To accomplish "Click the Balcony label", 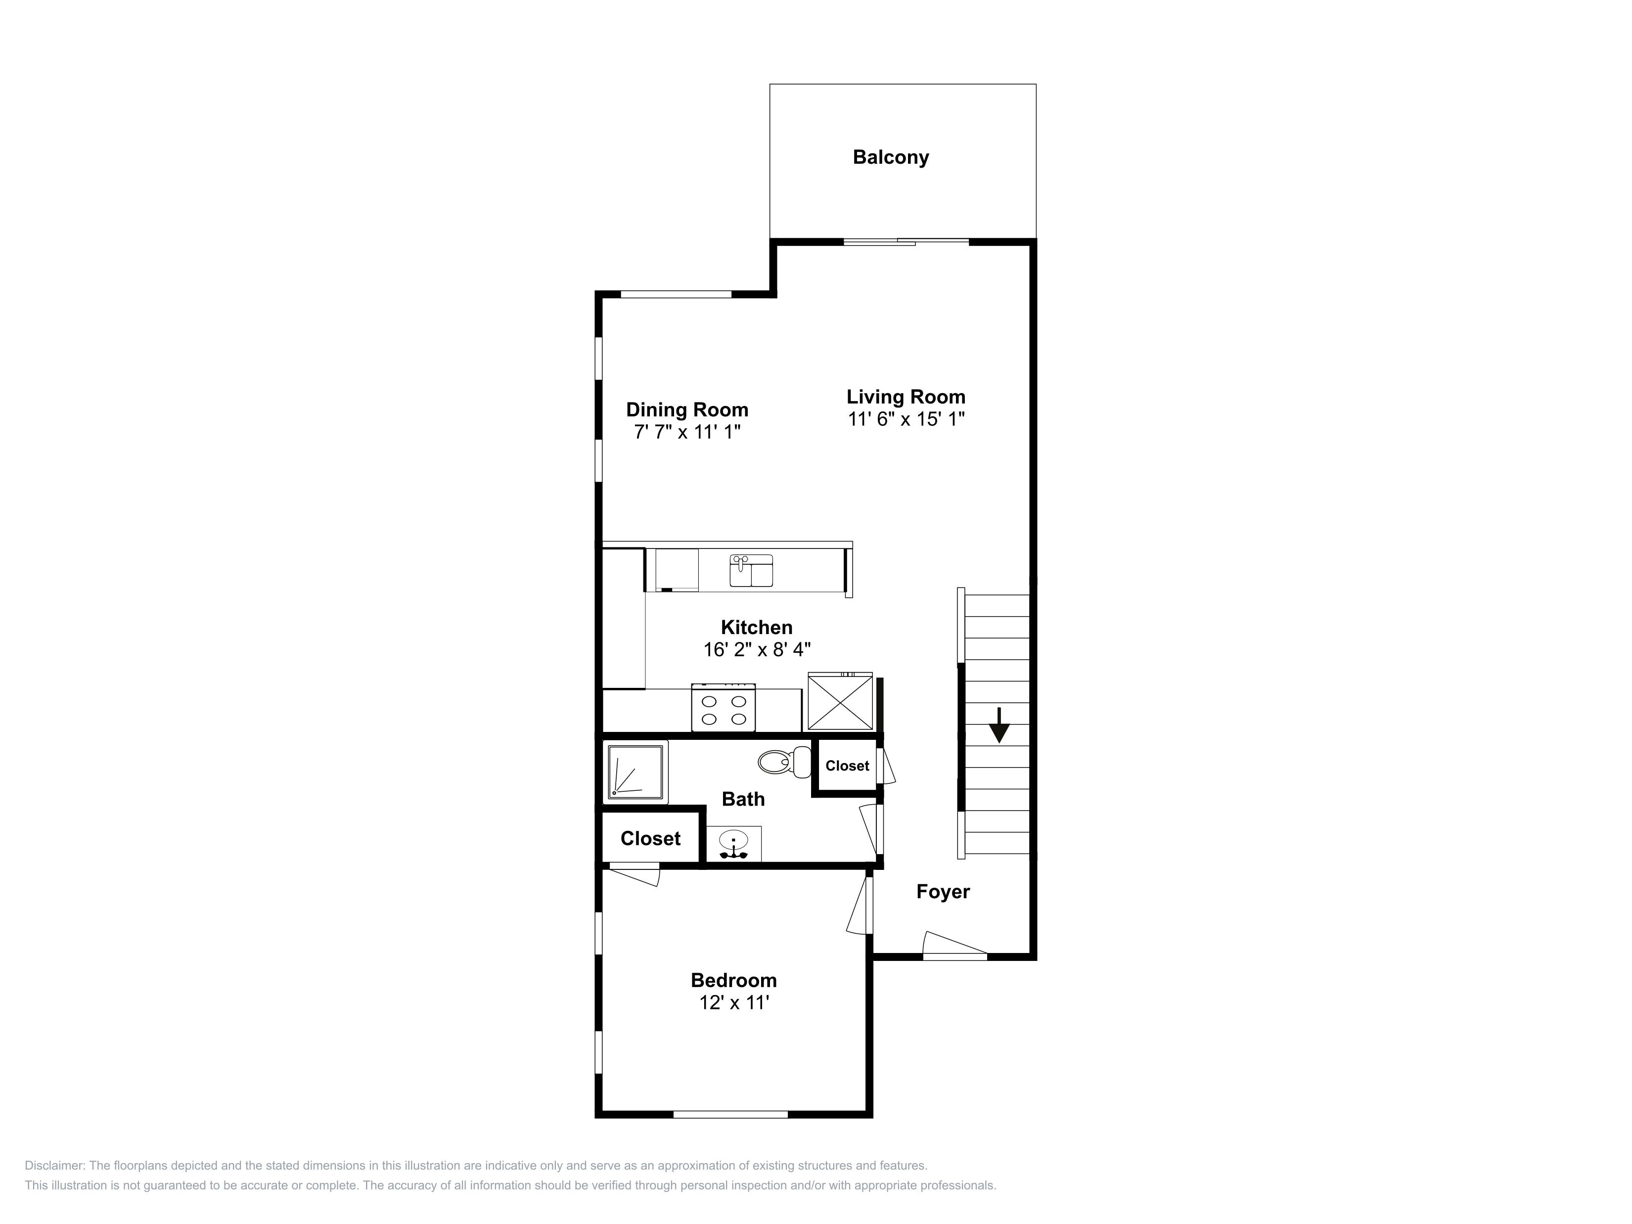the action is coord(891,157).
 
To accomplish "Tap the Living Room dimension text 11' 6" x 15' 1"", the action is coord(906,419).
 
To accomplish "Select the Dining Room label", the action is coord(687,409).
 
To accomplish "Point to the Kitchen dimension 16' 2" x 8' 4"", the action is coord(757,649).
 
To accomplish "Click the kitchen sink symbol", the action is coord(751,570).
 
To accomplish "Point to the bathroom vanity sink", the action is coord(733,844).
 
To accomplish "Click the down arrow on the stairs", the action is coord(999,725).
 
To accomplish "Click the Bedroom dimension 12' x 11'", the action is coord(734,1002).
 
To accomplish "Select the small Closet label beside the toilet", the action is coord(847,766).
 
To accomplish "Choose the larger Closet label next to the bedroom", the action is coord(650,838).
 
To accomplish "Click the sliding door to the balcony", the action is coord(906,241).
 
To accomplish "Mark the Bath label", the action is coord(743,799).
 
